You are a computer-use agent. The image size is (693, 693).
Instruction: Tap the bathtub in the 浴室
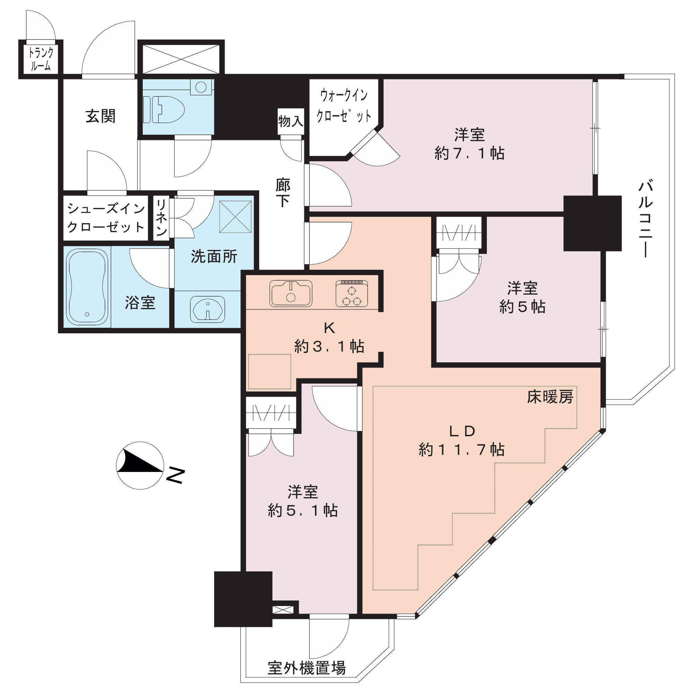point(88,287)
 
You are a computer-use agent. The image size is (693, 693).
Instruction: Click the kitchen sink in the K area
point(291,293)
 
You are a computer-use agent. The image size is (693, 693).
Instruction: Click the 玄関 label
point(100,116)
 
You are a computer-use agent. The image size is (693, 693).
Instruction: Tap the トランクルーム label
point(41,59)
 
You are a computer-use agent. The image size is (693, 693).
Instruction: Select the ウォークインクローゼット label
point(344,106)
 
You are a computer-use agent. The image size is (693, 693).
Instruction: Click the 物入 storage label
point(291,121)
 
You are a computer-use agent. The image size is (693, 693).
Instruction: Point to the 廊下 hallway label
point(283,193)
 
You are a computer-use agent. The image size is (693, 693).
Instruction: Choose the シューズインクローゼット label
point(106,217)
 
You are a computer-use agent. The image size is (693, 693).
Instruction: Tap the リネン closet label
point(161,217)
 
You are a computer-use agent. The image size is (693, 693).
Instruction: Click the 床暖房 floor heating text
point(550,397)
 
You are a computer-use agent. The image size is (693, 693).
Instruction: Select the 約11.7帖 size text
point(462,449)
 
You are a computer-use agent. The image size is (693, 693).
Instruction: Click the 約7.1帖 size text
point(470,153)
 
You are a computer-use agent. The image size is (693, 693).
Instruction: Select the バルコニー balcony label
point(645,220)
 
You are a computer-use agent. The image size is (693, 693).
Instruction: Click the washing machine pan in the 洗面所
point(235,217)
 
